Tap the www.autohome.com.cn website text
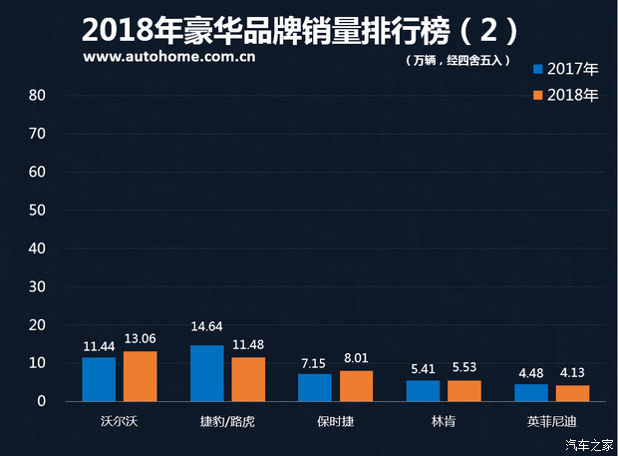point(169,57)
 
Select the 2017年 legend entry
point(566,69)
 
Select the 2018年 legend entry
point(566,96)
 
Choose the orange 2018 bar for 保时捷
point(356,385)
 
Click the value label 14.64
point(207,334)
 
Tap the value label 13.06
point(140,340)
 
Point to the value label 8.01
point(356,359)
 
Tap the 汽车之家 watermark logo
point(587,444)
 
